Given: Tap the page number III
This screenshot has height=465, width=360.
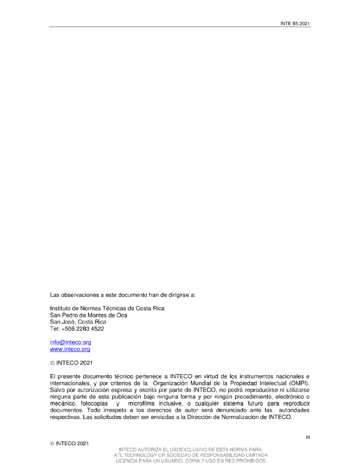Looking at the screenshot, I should pos(308,438).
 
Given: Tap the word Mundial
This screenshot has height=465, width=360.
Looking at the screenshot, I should pos(211,383).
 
